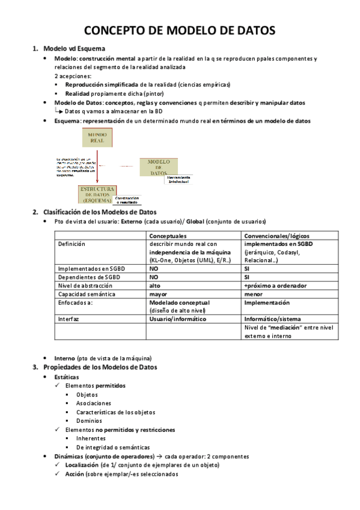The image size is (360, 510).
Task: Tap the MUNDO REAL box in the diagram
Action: coord(97,138)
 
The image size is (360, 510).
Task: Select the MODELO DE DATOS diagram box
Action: coord(158,167)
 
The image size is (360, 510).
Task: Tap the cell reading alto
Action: coord(155,286)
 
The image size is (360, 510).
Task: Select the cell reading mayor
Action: coord(159,294)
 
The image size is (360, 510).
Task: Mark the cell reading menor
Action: coord(253,294)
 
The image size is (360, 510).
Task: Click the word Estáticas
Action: coord(67,376)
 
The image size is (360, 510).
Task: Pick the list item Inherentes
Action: coord(91,438)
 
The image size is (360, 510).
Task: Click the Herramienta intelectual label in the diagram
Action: coord(178,180)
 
